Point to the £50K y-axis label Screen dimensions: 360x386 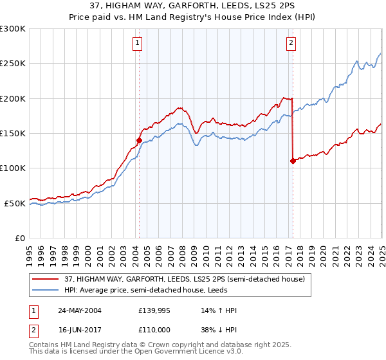[x=14, y=203]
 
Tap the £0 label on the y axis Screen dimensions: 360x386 [x=20, y=238]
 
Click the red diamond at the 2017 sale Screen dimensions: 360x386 [x=293, y=161]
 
